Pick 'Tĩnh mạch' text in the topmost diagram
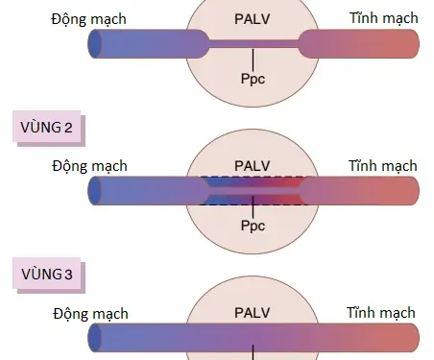pos(382,18)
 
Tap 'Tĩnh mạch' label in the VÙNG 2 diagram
pos(382,166)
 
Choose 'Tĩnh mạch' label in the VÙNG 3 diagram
pos(381,314)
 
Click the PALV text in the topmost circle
pos(253,18)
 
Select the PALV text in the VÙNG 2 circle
pos(253,166)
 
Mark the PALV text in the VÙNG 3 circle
pos(253,314)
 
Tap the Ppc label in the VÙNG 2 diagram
pos(253,227)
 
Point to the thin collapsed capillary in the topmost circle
pos(253,43)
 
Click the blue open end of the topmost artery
pos(95,43)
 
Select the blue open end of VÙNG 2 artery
pos(95,190)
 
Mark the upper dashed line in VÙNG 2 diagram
pos(253,177)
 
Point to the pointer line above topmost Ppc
pos(253,60)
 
